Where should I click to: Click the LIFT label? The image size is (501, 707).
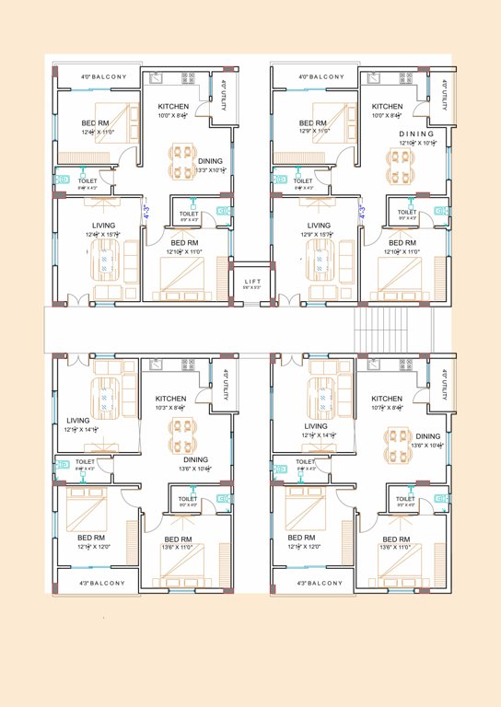(250, 280)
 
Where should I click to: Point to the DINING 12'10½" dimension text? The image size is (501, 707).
(416, 143)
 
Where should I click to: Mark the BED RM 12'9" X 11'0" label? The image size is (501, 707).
(313, 127)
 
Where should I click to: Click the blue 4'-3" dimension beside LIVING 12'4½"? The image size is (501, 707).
(145, 212)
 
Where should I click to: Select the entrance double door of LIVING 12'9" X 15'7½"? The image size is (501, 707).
(288, 300)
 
